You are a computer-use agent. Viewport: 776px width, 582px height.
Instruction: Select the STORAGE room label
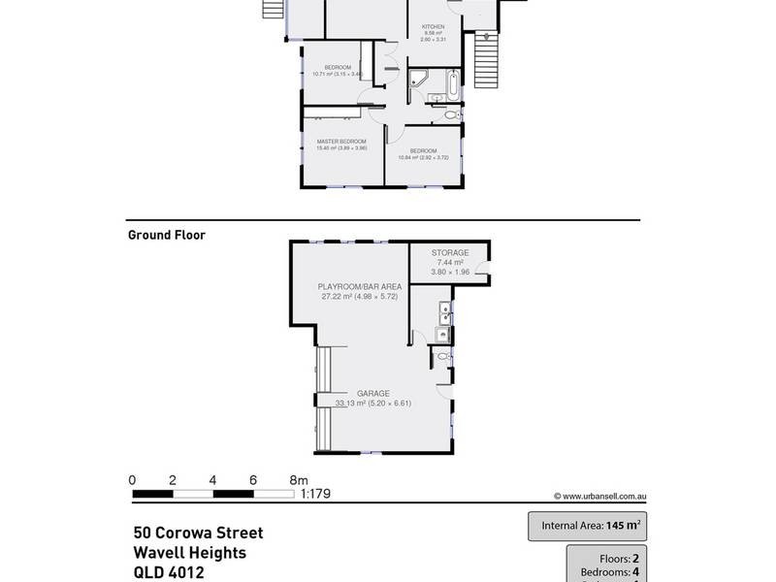tap(449, 253)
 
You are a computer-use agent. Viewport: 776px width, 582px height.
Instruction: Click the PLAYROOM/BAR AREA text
tap(360, 287)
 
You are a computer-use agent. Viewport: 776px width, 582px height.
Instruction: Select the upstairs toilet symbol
tap(449, 116)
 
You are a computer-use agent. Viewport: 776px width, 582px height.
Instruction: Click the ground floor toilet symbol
tap(442, 357)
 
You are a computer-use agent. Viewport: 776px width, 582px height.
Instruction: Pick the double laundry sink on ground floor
tap(443, 312)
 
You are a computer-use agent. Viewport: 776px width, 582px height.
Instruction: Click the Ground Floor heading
tap(166, 235)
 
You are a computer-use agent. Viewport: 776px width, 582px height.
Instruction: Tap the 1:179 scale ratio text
tap(315, 494)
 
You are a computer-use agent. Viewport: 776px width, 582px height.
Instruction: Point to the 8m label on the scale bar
tap(299, 479)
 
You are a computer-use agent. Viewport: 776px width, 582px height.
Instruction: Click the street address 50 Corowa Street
tap(198, 533)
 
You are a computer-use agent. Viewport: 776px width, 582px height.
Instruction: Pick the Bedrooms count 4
tap(634, 572)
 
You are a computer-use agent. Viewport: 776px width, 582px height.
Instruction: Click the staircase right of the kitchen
tap(489, 61)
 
